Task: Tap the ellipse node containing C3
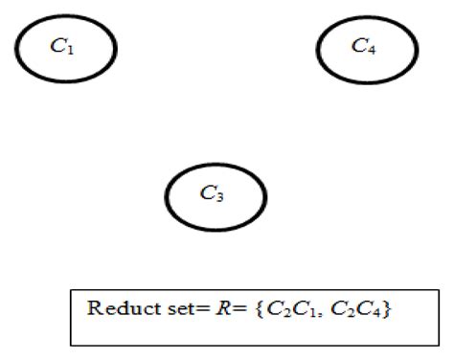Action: (x=216, y=195)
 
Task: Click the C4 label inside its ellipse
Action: (x=364, y=46)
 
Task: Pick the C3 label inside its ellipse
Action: (x=212, y=193)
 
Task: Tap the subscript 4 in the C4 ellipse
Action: (x=371, y=49)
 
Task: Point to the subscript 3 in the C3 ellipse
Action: (x=219, y=197)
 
